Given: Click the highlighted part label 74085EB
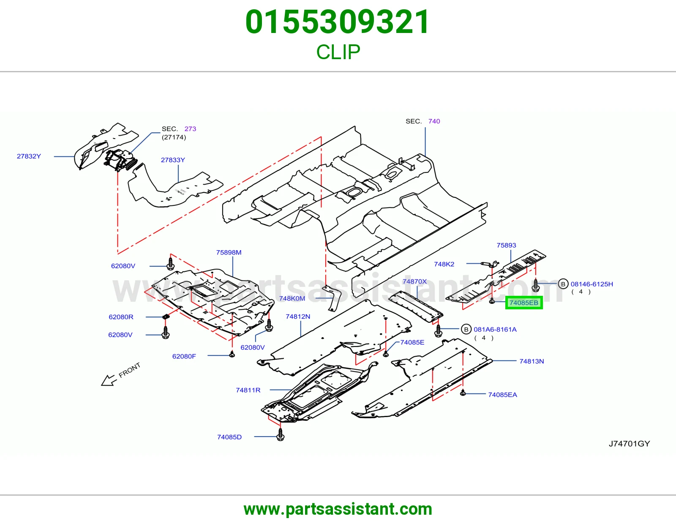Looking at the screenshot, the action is [x=524, y=303].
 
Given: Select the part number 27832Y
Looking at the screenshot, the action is [x=29, y=156].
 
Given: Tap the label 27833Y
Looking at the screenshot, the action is [x=173, y=160].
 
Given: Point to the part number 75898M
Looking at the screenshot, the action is [x=229, y=252].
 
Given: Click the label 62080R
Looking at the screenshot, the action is [x=121, y=317].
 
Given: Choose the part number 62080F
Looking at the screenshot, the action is [x=184, y=356].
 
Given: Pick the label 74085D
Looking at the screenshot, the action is [x=229, y=437].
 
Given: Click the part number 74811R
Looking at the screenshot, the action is [x=248, y=390].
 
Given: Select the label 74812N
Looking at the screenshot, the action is [x=298, y=317].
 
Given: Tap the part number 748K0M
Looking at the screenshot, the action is [x=292, y=298].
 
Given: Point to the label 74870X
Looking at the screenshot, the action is [x=414, y=281].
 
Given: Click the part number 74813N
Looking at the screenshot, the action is [x=532, y=361].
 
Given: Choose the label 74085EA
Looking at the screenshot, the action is [x=502, y=395].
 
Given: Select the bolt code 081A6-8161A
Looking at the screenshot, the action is [x=495, y=329].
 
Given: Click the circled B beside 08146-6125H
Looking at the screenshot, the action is [x=563, y=284].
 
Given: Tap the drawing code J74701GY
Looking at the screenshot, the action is [x=629, y=444].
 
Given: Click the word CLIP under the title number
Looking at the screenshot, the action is [x=338, y=52].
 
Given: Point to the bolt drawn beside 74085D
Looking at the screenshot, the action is [x=280, y=434].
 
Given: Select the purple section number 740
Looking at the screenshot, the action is [x=434, y=121].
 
